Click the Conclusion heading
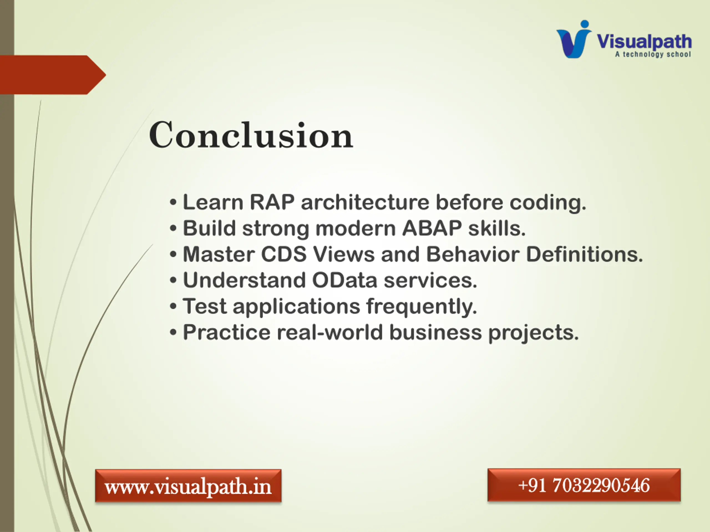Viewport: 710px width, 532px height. coord(251,135)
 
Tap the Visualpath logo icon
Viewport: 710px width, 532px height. coord(574,39)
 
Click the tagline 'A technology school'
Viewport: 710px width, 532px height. coord(653,55)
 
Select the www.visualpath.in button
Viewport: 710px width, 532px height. coord(188,485)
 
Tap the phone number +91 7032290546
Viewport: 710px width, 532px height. coord(584,485)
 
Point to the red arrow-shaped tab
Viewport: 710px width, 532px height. coord(53,75)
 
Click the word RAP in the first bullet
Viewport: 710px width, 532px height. coord(272,202)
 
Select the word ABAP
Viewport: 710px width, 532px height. coord(432,228)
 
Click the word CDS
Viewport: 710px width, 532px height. coord(284,254)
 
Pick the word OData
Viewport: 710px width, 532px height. coord(344,280)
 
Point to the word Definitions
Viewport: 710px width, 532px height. coord(584,254)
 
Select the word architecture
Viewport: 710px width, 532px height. coord(365,202)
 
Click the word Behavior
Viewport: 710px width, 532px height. coord(473,254)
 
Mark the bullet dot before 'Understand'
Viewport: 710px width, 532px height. coord(173,281)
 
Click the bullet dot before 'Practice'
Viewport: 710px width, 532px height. coord(173,332)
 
